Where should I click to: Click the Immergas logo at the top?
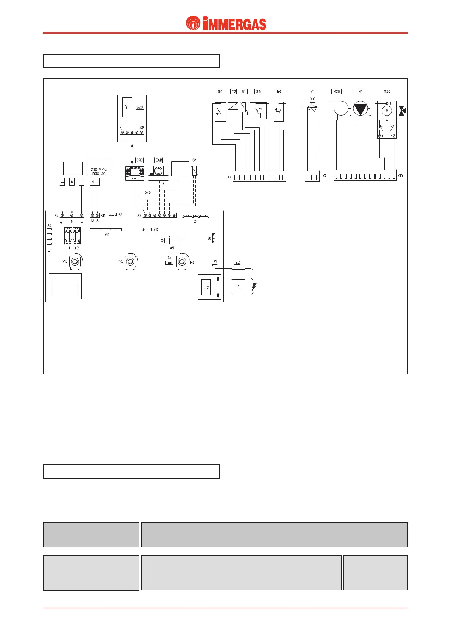pos(226,23)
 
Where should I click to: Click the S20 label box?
pos(139,107)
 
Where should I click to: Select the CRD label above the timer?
pos(139,160)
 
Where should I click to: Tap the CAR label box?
pos(159,160)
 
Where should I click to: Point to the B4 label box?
pos(194,160)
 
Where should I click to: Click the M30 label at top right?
pos(387,92)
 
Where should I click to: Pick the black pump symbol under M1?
pos(360,108)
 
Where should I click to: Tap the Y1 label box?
pos(312,92)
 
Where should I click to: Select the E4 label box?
pos(279,92)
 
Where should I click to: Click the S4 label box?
pos(220,92)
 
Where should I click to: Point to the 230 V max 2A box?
pos(99,167)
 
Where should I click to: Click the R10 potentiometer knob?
pos(75,262)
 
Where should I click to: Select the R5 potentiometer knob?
pos(131,262)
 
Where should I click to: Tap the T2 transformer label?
pos(207,288)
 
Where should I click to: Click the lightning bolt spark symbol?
pos(254,287)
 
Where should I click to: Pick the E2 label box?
pos(237,262)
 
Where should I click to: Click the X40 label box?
pos(148,193)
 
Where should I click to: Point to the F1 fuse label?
pos(69,248)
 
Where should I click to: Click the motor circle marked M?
pos(387,111)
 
